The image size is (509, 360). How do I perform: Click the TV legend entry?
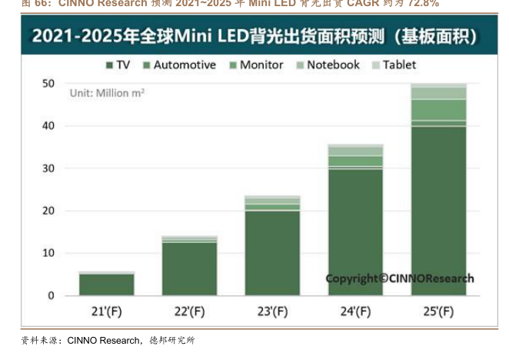[118, 65]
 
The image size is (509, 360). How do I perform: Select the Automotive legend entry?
[179, 65]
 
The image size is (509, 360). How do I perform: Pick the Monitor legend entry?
[255, 65]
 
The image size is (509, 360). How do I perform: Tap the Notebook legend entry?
[328, 65]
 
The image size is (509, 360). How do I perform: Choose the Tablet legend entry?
[397, 65]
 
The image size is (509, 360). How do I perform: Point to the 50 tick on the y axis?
[48, 83]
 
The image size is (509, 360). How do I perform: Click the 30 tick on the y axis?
[48, 168]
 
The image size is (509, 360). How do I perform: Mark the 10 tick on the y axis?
[48, 253]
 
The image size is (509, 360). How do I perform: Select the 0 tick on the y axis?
[51, 295]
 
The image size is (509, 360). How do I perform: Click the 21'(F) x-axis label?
[106, 312]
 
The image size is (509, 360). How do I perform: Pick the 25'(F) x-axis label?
[438, 312]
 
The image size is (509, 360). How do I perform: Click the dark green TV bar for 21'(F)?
[106, 285]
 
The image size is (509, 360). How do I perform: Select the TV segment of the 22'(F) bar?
[189, 269]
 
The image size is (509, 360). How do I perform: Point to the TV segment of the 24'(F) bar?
[355, 231]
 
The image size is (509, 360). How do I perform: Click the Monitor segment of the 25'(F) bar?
[438, 109]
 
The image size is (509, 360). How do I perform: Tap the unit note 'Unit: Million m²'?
[108, 92]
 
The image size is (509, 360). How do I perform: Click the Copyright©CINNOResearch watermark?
[400, 278]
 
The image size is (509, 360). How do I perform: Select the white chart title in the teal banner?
[254, 36]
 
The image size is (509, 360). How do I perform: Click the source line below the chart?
[108, 339]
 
